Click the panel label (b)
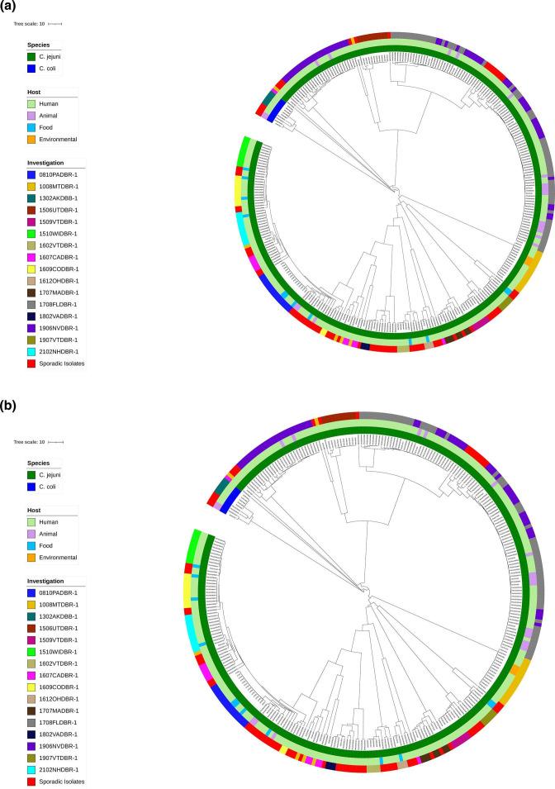(9, 406)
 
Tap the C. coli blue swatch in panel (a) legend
(31, 68)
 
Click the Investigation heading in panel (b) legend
(45, 582)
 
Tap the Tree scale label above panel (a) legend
(30, 24)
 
